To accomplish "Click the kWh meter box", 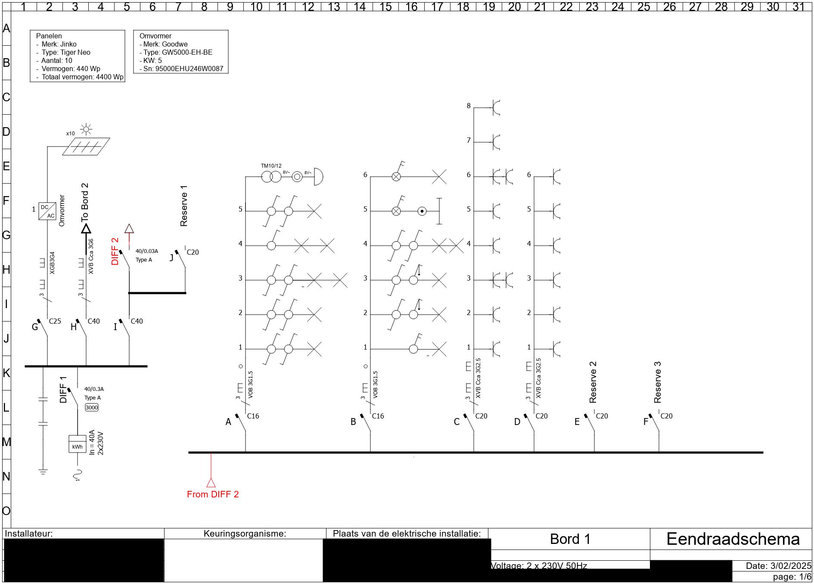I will click(x=78, y=444).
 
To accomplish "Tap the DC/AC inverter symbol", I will click(x=47, y=211).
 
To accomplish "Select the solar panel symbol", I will click(x=86, y=147).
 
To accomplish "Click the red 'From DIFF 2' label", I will click(x=213, y=494).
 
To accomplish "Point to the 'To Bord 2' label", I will click(x=85, y=202).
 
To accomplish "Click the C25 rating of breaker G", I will click(x=55, y=321).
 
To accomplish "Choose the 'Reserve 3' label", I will click(x=657, y=382).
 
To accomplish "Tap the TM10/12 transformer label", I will click(x=271, y=166).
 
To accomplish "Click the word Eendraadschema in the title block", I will click(x=733, y=539).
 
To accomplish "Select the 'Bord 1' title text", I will click(x=570, y=539).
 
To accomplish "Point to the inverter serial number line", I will click(x=181, y=69).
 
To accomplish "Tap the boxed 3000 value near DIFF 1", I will click(x=92, y=407).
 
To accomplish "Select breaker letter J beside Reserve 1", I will click(x=171, y=258).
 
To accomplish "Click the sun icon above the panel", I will click(x=87, y=129).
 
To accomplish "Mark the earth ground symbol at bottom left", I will click(x=43, y=472).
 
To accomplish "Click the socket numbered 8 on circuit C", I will click(x=496, y=108).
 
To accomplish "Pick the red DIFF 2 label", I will click(x=115, y=251).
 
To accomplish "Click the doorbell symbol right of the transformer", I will click(x=318, y=177).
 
